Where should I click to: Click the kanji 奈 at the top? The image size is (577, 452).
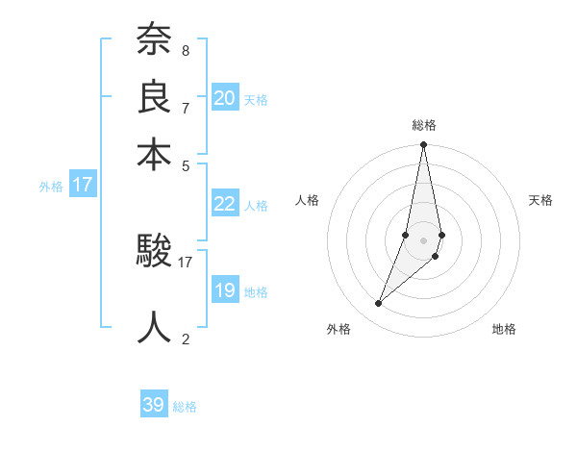pyautogui.click(x=154, y=39)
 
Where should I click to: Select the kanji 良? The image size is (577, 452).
pyautogui.click(x=154, y=96)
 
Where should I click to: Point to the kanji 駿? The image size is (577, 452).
pyautogui.click(x=154, y=252)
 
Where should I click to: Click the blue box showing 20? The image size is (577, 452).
pyautogui.click(x=225, y=98)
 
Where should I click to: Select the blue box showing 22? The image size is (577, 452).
pyautogui.click(x=225, y=204)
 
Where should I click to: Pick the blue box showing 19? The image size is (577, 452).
pyautogui.click(x=225, y=290)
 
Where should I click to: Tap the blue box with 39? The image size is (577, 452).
pyautogui.click(x=154, y=405)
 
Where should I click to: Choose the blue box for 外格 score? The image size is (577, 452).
pyautogui.click(x=83, y=185)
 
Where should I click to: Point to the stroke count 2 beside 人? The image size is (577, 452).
pyautogui.click(x=185, y=339)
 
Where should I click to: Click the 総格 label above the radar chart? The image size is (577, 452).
pyautogui.click(x=424, y=125)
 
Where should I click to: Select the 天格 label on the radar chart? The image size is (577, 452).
pyautogui.click(x=541, y=200)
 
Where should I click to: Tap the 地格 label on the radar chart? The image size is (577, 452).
pyautogui.click(x=504, y=330)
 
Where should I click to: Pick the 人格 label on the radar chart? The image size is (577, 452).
pyautogui.click(x=308, y=200)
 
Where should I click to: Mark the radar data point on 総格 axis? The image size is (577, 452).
pyautogui.click(x=423, y=145)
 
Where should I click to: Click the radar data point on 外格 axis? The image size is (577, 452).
pyautogui.click(x=379, y=304)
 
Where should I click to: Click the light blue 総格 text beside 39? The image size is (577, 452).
pyautogui.click(x=185, y=407)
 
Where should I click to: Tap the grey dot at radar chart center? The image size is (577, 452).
pyautogui.click(x=423, y=240)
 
